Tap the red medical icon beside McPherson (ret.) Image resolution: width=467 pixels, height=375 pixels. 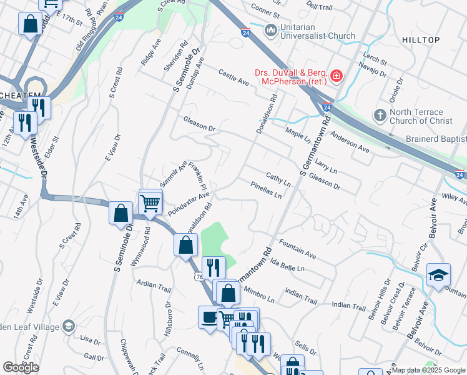click(337, 76)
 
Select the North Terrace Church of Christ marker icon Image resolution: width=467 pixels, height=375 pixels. click(379, 116)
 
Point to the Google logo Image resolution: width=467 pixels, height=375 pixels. click(21, 367)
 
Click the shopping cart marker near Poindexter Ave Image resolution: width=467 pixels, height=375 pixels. click(150, 202)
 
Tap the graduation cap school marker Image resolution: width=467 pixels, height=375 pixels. click(439, 275)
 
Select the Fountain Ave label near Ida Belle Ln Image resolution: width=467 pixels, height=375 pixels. click(298, 248)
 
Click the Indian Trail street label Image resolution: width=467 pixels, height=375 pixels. click(350, 306)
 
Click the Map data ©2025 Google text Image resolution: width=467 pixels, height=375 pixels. click(428, 370)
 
